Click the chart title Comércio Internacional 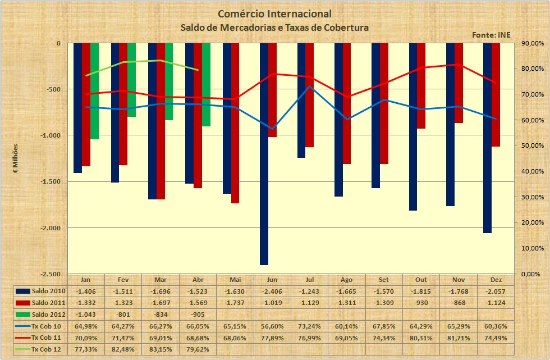(x=274, y=13)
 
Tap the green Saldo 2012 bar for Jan (x=94, y=91)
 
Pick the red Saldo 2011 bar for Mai (x=235, y=123)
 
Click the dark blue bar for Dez (x=487, y=138)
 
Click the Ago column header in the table (x=347, y=280)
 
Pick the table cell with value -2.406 (x=272, y=291)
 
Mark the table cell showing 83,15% (x=161, y=348)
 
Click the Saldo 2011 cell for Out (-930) (x=421, y=303)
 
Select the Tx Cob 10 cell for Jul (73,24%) (x=309, y=326)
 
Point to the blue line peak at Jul (x=310, y=86)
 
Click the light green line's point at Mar (x=161, y=60)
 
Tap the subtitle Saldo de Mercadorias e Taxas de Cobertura (x=274, y=27)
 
